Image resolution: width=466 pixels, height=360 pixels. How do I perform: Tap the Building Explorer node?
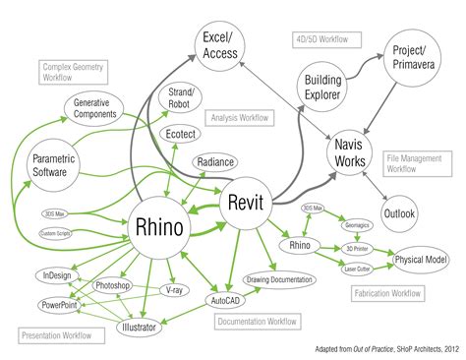322,87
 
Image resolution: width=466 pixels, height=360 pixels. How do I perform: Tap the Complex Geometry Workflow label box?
74,71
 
